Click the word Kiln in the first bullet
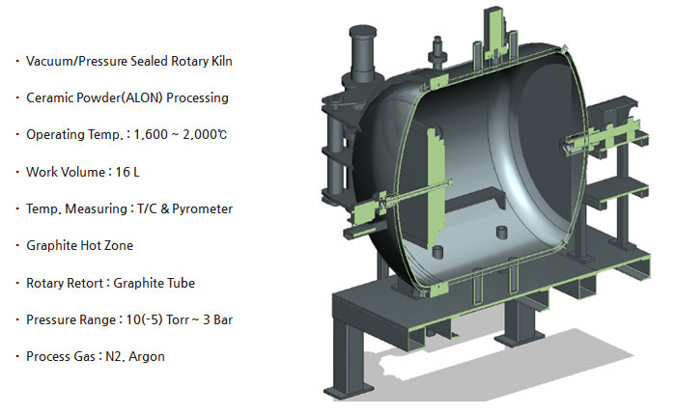[x=221, y=61]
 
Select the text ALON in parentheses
[x=143, y=97]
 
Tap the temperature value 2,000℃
[x=205, y=135]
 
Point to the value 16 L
[x=127, y=172]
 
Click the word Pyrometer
[x=202, y=209]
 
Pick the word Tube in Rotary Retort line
[x=182, y=283]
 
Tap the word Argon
[x=147, y=357]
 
